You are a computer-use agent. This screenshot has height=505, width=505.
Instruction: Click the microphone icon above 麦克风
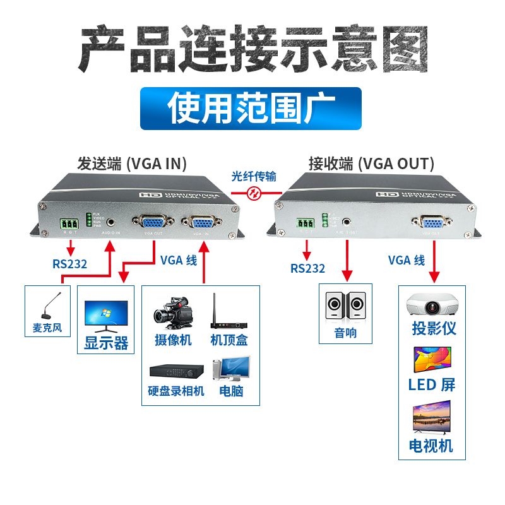coord(51,309)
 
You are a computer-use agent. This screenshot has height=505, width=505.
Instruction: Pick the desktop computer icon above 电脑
coord(231,369)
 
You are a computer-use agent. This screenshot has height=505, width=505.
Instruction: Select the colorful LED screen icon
coord(432,360)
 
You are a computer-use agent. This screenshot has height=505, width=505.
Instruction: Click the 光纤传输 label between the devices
coord(254,177)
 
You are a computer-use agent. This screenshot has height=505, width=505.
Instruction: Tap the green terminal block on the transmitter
coord(70,223)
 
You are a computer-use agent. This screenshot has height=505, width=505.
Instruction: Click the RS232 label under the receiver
coord(307,268)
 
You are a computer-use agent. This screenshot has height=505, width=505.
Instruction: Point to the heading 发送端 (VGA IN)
coord(132,163)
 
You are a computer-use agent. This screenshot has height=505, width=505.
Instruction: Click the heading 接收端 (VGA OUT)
coord(371,163)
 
